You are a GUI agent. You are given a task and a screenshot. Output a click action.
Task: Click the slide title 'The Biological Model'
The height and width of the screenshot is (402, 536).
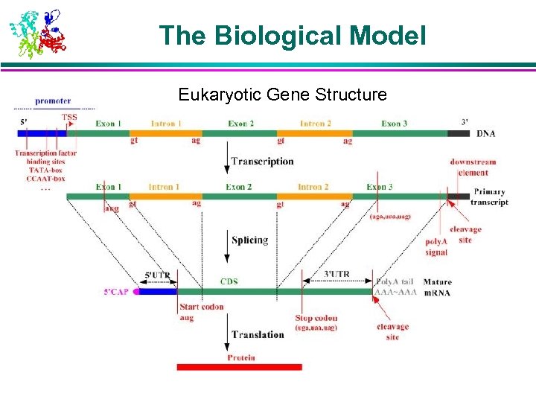pyautogui.click(x=293, y=34)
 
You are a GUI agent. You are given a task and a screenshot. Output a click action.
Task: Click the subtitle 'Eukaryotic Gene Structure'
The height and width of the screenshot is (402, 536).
pyautogui.click(x=282, y=95)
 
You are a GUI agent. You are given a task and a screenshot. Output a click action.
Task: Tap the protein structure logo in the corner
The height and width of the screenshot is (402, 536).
pyautogui.click(x=37, y=33)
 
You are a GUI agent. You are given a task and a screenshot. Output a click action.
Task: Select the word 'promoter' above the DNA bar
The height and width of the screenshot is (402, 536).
pyautogui.click(x=53, y=101)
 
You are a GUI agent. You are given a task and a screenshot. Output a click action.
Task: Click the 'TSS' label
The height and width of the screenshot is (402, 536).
pyautogui.click(x=68, y=118)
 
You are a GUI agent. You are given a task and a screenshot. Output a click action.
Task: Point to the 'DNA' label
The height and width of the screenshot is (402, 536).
pyautogui.click(x=485, y=133)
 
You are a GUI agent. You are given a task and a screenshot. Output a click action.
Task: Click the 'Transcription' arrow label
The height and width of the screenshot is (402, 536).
pyautogui.click(x=262, y=161)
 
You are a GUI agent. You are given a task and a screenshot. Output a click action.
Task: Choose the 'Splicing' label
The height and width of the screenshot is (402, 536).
pyautogui.click(x=249, y=240)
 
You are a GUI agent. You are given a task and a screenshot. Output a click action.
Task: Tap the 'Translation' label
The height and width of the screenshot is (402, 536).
pyautogui.click(x=258, y=335)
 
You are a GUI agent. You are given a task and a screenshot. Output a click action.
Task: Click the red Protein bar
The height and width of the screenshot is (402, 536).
pyautogui.click(x=239, y=366)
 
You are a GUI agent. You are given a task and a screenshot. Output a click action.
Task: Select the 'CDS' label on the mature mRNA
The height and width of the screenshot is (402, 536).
pyautogui.click(x=229, y=281)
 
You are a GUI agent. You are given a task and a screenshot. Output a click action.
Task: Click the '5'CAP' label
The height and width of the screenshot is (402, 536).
pyautogui.click(x=117, y=293)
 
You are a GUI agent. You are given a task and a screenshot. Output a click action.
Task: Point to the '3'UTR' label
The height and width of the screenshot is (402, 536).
pyautogui.click(x=336, y=274)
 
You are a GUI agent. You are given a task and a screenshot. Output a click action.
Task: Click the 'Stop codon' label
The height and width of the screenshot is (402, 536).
pyautogui.click(x=316, y=318)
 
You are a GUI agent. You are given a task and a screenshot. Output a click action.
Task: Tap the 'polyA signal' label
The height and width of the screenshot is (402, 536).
pyautogui.click(x=437, y=247)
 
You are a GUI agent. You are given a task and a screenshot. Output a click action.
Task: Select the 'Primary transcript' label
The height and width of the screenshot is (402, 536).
pyautogui.click(x=491, y=197)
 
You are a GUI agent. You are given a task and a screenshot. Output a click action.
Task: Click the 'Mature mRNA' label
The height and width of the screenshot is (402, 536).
pyautogui.click(x=437, y=287)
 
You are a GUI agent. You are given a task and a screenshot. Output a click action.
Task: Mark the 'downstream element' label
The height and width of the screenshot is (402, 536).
pyautogui.click(x=473, y=167)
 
